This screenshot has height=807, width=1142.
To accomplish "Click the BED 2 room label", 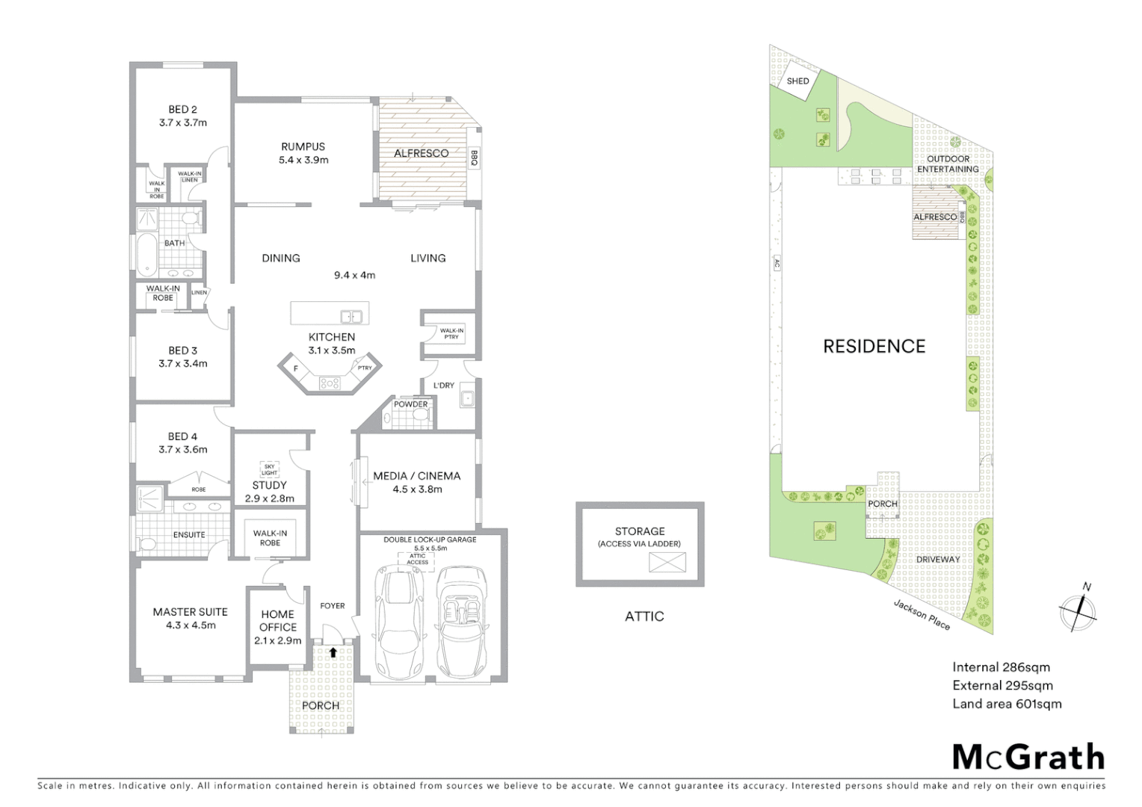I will [x=182, y=110].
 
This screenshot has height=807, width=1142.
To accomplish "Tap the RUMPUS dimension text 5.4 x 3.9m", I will [x=303, y=160].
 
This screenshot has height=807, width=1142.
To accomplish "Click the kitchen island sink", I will [x=351, y=316].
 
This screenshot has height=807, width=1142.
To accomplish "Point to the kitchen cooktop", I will [x=329, y=383].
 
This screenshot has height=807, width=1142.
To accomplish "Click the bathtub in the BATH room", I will [x=146, y=254].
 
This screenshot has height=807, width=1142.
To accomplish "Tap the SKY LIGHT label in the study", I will [x=269, y=469].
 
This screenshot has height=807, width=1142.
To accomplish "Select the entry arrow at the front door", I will [x=333, y=652].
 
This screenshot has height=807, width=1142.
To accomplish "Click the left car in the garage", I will [x=396, y=620].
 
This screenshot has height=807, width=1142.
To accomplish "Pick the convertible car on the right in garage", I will [x=461, y=620].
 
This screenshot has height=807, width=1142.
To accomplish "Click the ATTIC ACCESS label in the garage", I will [x=417, y=559].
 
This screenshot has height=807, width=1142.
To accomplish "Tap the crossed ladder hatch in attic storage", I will [x=667, y=562].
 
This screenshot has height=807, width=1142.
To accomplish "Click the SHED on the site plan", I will [x=797, y=81].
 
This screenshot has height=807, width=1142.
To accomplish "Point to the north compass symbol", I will [x=1077, y=610].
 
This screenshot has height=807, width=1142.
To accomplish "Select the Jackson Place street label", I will [x=922, y=615].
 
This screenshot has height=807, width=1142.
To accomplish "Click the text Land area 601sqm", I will [x=1006, y=703].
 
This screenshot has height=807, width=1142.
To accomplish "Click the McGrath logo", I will [x=1028, y=757].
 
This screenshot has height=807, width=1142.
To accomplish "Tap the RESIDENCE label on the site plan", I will [x=874, y=346].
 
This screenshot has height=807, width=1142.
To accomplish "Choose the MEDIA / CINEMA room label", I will [x=416, y=476].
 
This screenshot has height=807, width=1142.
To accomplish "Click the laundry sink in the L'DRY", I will [x=467, y=398].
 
